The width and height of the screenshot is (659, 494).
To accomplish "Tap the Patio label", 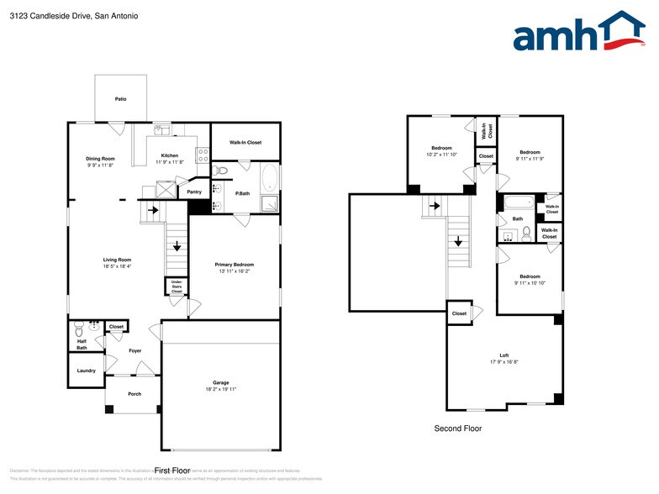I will pyautogui.click(x=121, y=99).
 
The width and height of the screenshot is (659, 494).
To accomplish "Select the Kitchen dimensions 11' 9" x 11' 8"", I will pyautogui.click(x=170, y=162).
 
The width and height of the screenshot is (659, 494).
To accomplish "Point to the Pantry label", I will pyautogui.click(x=194, y=192).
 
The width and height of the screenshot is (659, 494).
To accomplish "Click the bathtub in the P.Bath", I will pyautogui.click(x=270, y=177).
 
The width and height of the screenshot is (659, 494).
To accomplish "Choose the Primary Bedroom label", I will pyautogui.click(x=235, y=265).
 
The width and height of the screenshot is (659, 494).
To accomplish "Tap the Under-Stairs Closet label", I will pyautogui.click(x=177, y=287).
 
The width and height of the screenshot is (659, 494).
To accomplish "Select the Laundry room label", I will pyautogui.click(x=86, y=370).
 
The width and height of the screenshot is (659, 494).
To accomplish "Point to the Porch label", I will pyautogui.click(x=134, y=394).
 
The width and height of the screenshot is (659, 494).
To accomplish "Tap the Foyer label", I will pyautogui.click(x=135, y=351).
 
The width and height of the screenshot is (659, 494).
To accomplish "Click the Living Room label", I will pyautogui.click(x=117, y=260).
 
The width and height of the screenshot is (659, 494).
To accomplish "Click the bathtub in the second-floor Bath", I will pyautogui.click(x=515, y=202).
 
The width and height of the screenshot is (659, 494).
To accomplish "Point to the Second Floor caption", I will pyautogui.click(x=457, y=428).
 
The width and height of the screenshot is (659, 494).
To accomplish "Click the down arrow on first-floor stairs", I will pyautogui.click(x=177, y=246).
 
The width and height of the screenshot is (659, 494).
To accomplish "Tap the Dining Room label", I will pyautogui.click(x=100, y=158).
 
